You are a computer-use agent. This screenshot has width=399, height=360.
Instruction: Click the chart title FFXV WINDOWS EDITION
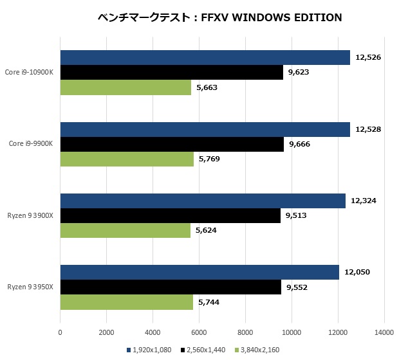[218, 17]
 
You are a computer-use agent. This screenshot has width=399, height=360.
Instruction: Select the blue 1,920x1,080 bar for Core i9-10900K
[205, 58]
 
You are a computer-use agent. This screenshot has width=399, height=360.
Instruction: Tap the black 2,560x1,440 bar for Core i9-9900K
[172, 144]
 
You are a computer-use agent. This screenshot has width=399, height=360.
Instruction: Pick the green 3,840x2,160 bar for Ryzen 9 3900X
[125, 230]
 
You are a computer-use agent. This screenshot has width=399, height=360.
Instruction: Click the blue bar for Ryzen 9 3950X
[199, 272]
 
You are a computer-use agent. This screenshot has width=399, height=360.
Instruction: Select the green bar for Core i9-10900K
[125, 87]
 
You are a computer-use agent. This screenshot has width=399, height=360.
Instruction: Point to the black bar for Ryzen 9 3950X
[171, 287]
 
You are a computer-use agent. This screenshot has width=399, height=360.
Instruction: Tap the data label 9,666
[299, 144]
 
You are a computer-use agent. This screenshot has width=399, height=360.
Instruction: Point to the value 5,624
[207, 230]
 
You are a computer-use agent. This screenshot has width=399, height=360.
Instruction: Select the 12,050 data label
[357, 272]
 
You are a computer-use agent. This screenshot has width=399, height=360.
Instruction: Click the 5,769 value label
[209, 159]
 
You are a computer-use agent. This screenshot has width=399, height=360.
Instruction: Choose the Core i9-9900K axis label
[30, 144]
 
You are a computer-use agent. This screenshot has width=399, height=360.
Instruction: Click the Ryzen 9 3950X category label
[31, 287]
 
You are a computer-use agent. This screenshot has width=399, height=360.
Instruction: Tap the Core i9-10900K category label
[29, 73]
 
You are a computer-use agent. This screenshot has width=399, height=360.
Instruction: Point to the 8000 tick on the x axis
[245, 332]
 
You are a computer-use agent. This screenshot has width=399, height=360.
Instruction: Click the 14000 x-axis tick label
[384, 332]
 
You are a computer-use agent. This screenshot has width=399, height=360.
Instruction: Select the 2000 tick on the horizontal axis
[106, 332]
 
